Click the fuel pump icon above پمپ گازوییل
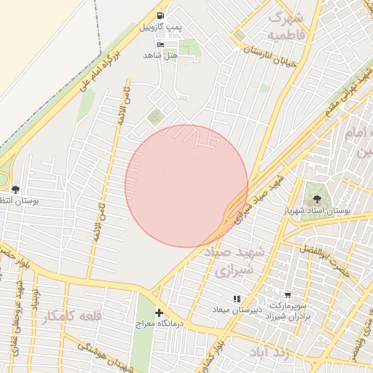click(x=160, y=15)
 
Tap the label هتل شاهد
click(x=161, y=55)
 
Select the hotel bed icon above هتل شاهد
click(x=161, y=44)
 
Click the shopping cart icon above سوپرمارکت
click(x=288, y=296)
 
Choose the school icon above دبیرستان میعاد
click(x=236, y=299)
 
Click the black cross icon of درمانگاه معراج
click(x=159, y=293)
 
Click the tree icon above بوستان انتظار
click(x=15, y=189)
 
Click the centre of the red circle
click(x=186, y=186)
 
